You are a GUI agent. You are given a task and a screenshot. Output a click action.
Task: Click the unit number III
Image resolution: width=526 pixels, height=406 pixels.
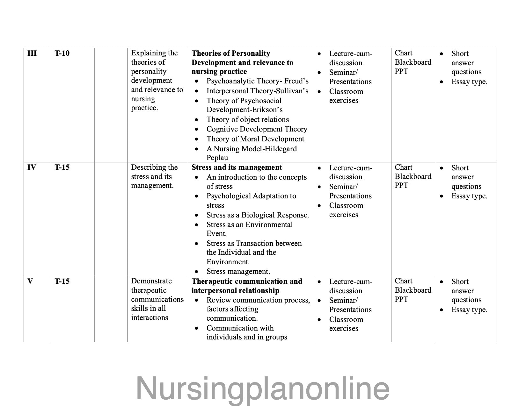(x=32, y=53)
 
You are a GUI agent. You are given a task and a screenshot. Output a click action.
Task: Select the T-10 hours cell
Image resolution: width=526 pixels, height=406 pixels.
(x=62, y=53)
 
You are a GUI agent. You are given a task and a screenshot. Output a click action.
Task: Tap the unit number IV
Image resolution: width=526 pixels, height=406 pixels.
(x=32, y=167)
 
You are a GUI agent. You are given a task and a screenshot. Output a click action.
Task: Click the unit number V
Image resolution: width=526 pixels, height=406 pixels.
(x=30, y=281)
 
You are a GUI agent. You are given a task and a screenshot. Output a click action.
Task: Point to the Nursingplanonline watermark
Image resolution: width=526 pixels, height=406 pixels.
(x=263, y=388)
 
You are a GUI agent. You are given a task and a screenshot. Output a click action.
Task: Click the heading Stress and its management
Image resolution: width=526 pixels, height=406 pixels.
(x=237, y=167)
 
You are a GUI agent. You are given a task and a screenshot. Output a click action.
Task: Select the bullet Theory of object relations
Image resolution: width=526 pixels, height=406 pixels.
(x=247, y=119)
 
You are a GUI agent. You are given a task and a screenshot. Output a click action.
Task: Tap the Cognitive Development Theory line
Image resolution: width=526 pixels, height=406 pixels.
(x=257, y=129)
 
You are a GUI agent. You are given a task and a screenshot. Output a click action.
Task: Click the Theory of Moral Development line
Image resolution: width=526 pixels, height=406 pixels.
(x=255, y=139)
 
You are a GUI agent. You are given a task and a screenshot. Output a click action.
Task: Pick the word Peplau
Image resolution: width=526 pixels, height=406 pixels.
(x=217, y=158)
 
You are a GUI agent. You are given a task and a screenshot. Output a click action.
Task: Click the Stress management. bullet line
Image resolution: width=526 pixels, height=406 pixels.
(x=238, y=271)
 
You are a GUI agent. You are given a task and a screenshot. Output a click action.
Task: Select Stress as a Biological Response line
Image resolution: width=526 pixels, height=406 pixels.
(x=258, y=215)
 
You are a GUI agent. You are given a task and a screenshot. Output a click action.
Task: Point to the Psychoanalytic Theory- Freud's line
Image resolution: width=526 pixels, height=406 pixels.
(x=257, y=81)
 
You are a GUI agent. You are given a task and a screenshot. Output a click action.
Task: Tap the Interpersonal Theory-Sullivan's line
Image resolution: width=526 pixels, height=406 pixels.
(x=257, y=91)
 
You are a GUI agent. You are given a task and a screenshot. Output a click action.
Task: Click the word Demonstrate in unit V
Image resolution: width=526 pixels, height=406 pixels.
(x=151, y=281)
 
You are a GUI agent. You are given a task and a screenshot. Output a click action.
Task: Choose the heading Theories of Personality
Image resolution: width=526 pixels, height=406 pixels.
(x=231, y=53)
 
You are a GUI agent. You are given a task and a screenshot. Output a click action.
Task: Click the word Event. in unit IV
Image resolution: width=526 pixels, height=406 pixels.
(x=216, y=233)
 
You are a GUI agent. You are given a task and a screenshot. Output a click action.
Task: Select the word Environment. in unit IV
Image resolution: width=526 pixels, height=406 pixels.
(x=228, y=262)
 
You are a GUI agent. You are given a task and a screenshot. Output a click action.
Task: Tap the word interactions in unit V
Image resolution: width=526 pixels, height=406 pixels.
(x=149, y=317)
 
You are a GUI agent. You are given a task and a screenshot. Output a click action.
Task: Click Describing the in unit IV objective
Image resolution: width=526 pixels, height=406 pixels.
(x=154, y=167)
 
